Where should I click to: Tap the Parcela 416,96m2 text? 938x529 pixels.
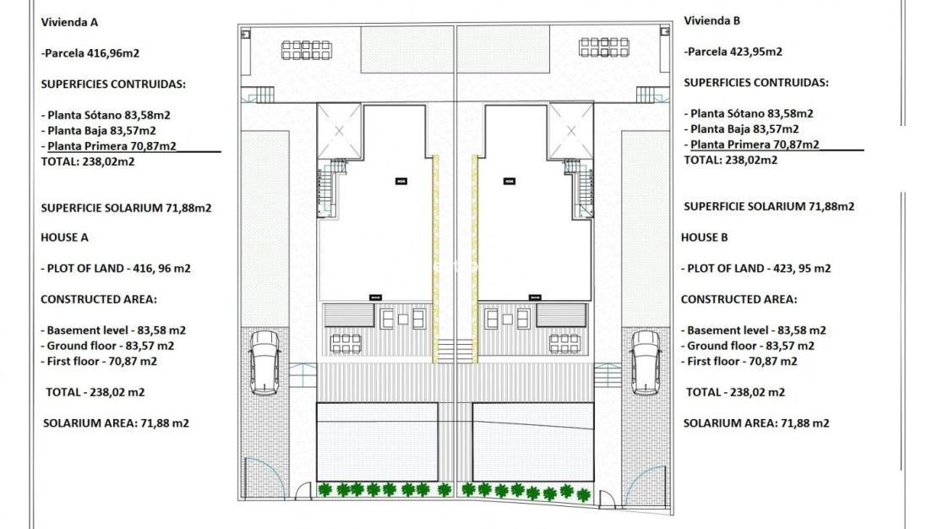point(90,52)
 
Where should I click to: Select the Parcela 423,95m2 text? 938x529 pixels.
point(733,52)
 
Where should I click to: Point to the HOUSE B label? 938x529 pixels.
point(705,237)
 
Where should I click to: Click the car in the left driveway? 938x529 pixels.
point(264,362)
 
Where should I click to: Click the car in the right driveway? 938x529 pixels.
point(646,362)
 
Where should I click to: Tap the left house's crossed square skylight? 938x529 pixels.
point(339,131)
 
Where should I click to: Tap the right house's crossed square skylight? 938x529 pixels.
point(570,131)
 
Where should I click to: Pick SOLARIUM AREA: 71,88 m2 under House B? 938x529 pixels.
point(755,423)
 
